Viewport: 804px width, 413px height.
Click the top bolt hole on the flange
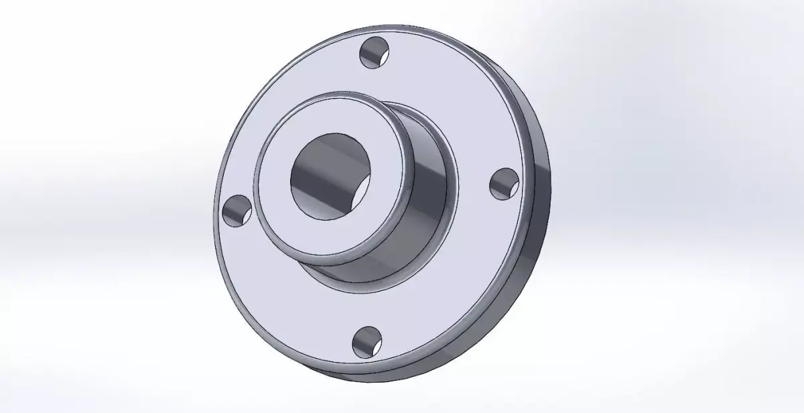pyautogui.click(x=373, y=54)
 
